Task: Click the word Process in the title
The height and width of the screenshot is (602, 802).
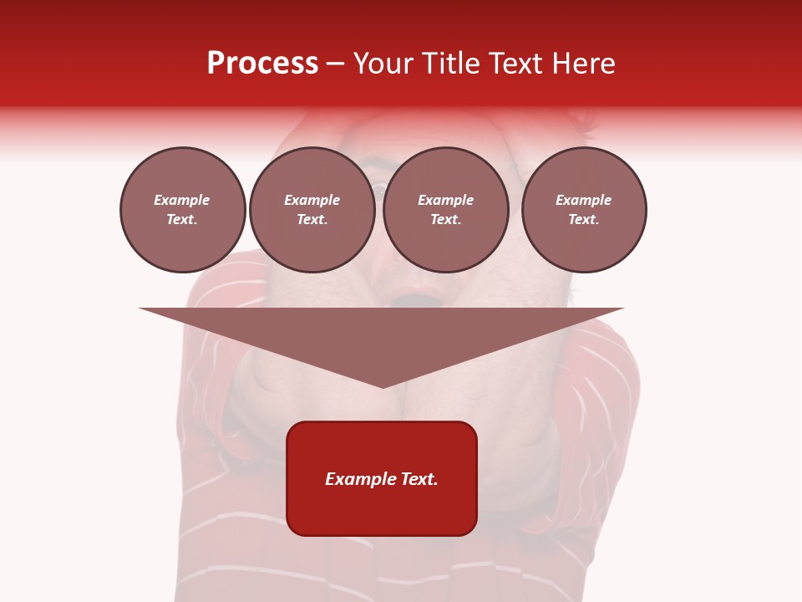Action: click(x=262, y=64)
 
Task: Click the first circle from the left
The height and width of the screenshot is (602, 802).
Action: click(x=182, y=210)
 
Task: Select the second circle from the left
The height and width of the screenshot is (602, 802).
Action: click(x=312, y=210)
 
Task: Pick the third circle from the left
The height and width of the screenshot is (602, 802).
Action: click(x=445, y=210)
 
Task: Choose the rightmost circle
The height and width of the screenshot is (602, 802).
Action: click(x=584, y=210)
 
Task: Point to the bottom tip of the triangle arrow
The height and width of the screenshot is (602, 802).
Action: click(x=383, y=387)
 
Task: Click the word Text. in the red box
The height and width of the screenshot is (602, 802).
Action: click(x=419, y=479)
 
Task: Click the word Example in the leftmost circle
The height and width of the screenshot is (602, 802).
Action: click(x=182, y=200)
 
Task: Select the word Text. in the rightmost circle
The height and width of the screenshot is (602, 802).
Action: click(x=584, y=220)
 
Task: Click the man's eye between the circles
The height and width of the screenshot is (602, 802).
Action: click(x=378, y=192)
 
